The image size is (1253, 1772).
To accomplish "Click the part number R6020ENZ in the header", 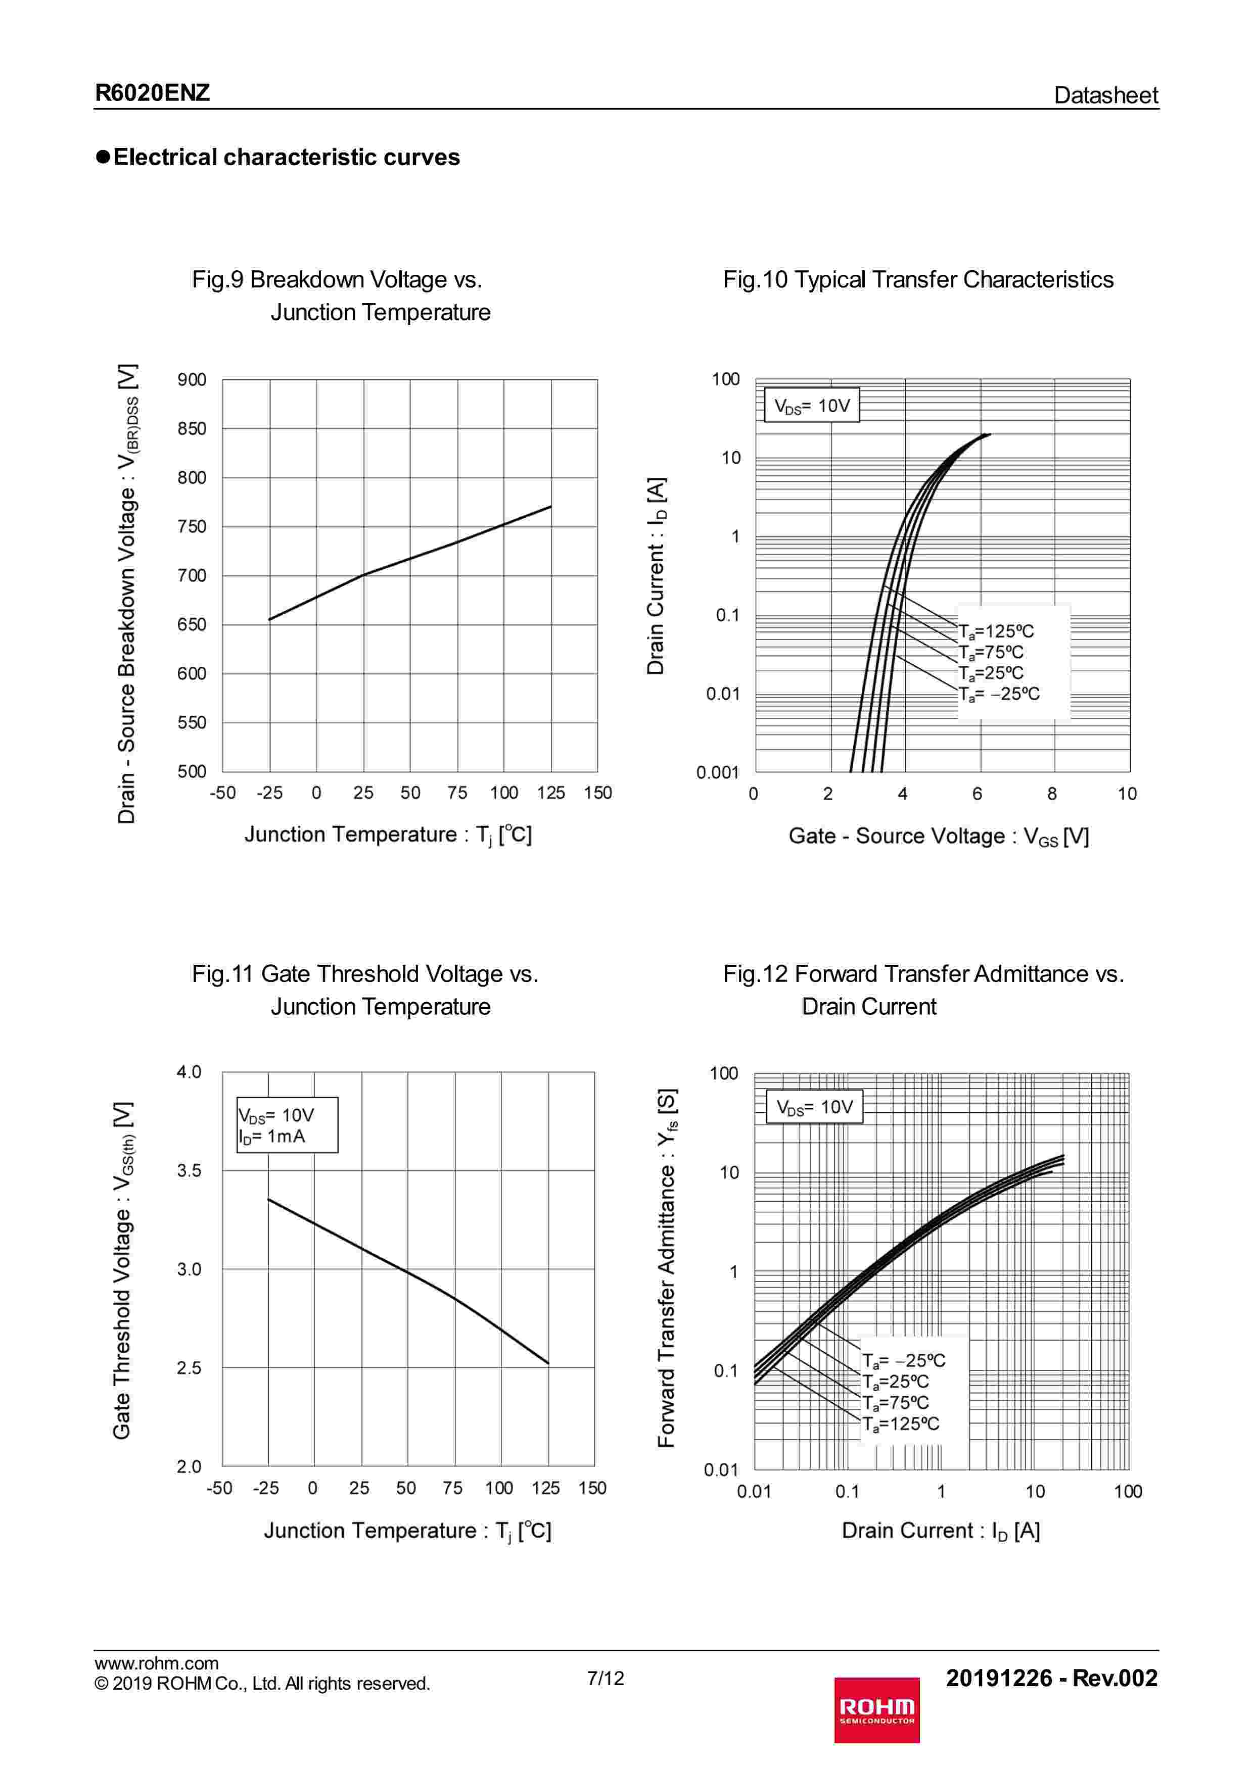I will [152, 93].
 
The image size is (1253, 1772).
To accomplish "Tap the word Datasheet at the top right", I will [1105, 95].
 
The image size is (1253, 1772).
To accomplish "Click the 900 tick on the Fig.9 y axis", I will [192, 380].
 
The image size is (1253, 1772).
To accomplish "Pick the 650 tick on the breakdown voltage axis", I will [192, 624].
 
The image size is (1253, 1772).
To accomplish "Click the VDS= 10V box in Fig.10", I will [811, 405].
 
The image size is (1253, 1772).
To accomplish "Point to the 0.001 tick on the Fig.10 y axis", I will [717, 772].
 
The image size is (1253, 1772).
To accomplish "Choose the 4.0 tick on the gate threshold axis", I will [189, 1072].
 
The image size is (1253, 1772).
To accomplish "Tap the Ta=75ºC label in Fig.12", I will [896, 1402].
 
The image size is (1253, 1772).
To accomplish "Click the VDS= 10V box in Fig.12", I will [814, 1107].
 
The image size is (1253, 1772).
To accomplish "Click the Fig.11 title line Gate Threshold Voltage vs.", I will [364, 974].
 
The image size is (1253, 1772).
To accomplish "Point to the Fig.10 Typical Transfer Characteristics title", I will [918, 279].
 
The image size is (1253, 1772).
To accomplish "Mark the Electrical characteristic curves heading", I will [286, 158].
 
